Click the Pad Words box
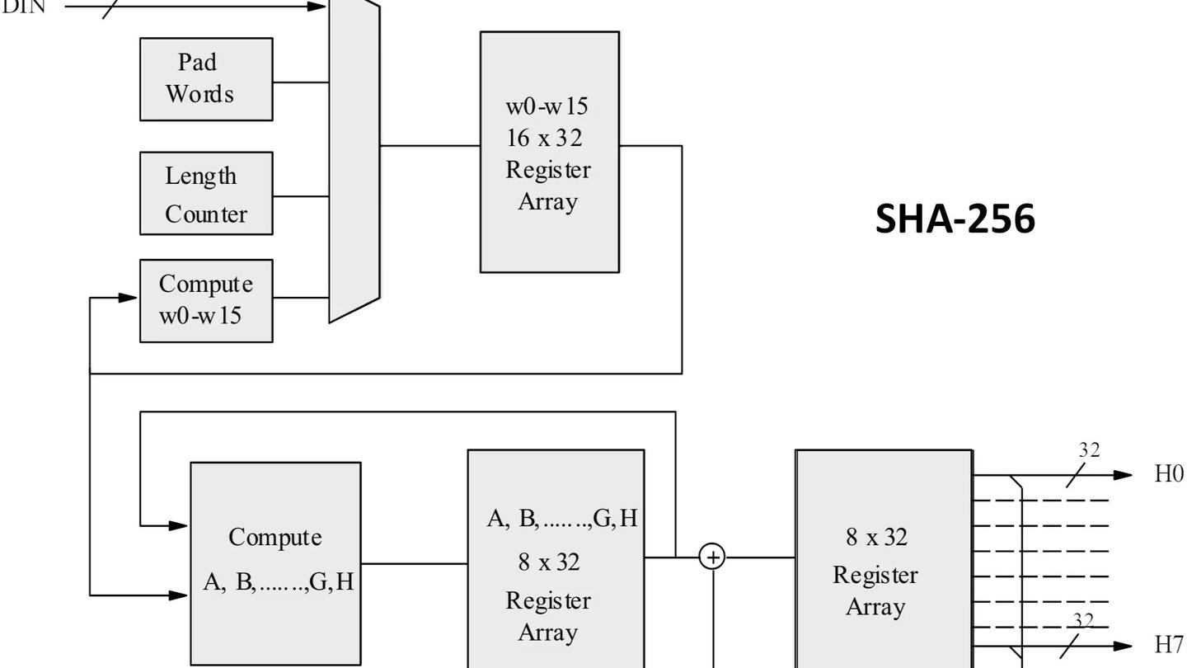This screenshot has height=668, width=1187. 206,79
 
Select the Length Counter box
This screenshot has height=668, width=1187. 206,193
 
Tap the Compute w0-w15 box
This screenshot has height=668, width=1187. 206,300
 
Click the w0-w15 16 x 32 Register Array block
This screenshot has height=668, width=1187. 549,152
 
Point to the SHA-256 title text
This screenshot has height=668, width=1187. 955,219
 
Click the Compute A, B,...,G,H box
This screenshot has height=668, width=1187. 275,562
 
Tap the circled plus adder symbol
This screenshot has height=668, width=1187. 712,557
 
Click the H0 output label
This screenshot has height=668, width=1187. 1169,474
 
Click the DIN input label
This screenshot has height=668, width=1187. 23,7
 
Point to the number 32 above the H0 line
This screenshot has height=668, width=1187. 1090,450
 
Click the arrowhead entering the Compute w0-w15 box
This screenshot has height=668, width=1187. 129,297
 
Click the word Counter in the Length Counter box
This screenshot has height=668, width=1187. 206,214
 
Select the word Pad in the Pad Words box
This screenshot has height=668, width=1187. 198,62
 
